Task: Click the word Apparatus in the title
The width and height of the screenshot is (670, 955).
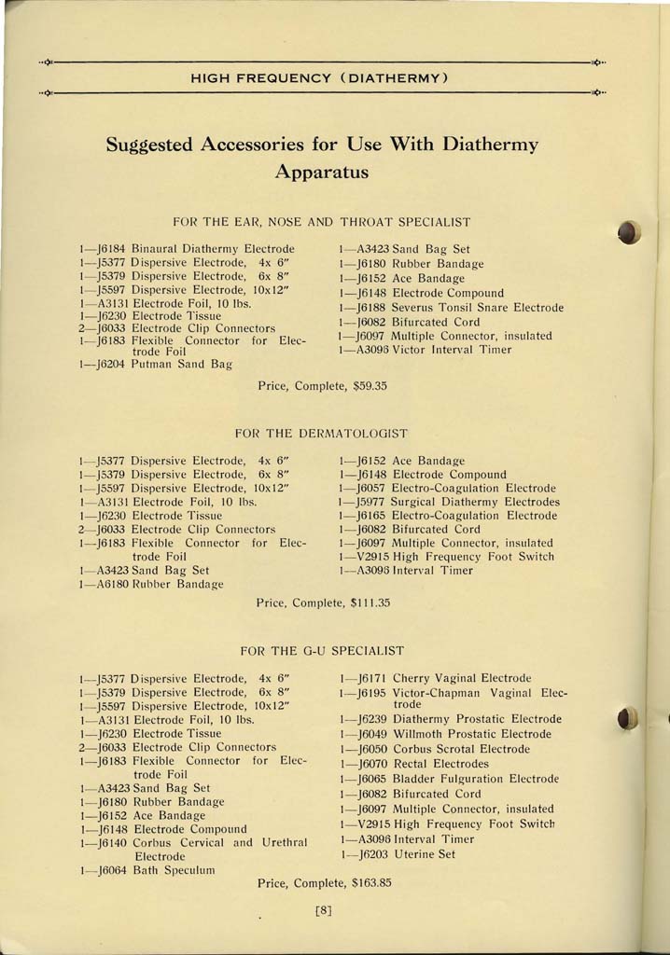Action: click(322, 173)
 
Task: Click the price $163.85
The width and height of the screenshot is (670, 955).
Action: click(371, 881)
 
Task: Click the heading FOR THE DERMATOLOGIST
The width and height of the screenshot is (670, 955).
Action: click(322, 434)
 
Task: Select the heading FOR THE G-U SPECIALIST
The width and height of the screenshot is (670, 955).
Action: click(322, 650)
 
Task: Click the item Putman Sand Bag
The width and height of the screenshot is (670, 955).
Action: click(182, 365)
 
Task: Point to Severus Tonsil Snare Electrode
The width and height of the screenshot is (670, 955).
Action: click(478, 307)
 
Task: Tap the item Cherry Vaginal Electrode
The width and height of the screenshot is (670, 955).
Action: click(462, 678)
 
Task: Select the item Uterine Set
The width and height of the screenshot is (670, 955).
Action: click(425, 854)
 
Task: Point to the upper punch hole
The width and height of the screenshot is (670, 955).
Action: click(630, 231)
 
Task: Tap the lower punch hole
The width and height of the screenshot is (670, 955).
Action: click(628, 718)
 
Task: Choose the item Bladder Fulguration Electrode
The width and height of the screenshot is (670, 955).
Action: click(475, 779)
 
